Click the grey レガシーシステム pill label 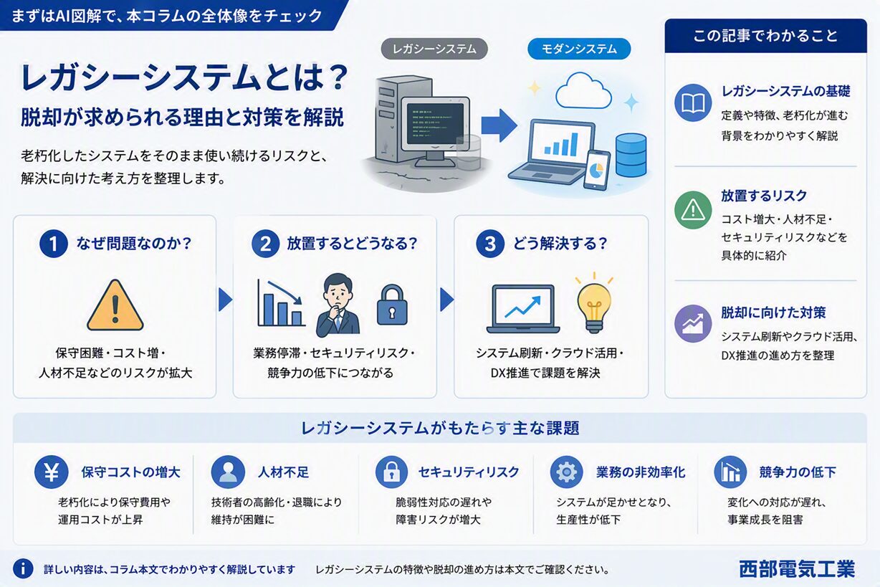[434, 49]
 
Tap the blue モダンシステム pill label [579, 49]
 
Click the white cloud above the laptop [583, 91]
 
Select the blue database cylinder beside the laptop [631, 155]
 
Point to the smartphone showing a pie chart [597, 170]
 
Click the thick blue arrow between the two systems [499, 125]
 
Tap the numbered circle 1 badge [54, 244]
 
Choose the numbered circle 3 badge [490, 244]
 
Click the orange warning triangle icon [115, 305]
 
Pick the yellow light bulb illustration [594, 303]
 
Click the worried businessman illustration [338, 305]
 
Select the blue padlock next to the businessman [392, 305]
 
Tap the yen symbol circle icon [52, 472]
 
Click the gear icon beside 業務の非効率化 [566, 472]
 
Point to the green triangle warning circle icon [693, 210]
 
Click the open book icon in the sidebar [693, 103]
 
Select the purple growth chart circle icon [693, 324]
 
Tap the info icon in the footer [23, 568]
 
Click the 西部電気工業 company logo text [797, 569]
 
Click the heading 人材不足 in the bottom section [283, 472]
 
